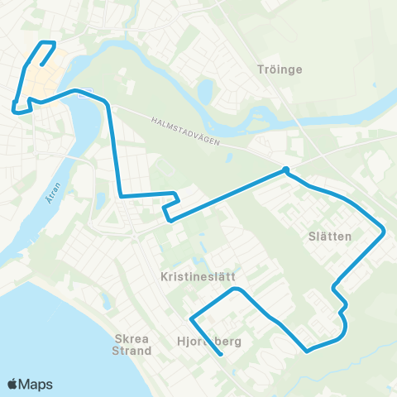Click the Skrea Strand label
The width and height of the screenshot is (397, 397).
[133, 344]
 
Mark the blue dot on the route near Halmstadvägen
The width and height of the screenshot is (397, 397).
[285, 170]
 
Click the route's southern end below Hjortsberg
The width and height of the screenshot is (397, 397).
[222, 355]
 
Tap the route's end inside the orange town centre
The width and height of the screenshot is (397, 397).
[41, 65]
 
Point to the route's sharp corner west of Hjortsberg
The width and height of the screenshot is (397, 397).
[191, 318]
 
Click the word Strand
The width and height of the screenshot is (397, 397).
[133, 351]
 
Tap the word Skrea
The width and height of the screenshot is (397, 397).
[133, 338]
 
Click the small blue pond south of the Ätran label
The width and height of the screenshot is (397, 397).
[98, 201]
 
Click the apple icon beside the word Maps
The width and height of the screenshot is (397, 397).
[12, 383]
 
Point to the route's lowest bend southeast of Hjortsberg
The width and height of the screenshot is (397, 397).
[308, 351]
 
